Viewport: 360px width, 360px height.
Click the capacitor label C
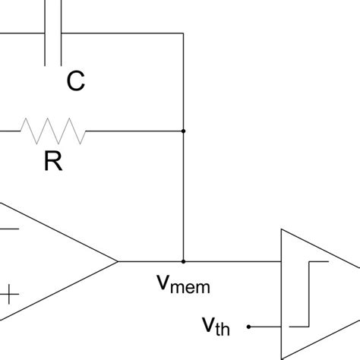[75, 82]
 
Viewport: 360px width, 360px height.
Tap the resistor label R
[52, 163]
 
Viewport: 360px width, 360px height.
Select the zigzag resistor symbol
[53, 131]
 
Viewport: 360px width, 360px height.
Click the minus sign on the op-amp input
[10, 226]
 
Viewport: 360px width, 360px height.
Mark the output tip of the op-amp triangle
[118, 261]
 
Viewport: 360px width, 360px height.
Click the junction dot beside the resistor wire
[183, 131]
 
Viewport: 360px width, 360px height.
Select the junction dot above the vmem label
[183, 261]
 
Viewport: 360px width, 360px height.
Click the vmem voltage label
[182, 285]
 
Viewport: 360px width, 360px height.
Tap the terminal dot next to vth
[250, 327]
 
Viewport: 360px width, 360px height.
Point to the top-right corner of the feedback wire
[183, 33]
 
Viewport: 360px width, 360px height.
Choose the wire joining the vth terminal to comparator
[266, 327]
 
